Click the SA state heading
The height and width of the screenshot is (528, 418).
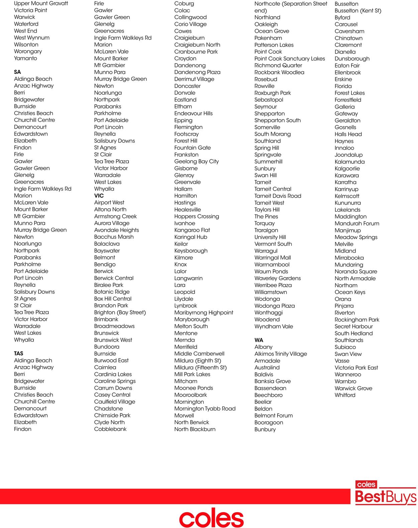[x=17, y=72]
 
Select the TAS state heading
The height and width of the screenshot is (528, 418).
[x=19, y=354]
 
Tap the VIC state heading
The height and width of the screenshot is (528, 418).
[x=99, y=196]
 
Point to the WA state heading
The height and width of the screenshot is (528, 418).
[x=259, y=340]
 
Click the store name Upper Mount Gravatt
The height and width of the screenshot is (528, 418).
[x=41, y=3]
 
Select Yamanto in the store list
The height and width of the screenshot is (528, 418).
[x=25, y=58]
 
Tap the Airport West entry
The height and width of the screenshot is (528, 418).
[x=109, y=203]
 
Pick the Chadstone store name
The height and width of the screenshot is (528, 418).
[x=108, y=408]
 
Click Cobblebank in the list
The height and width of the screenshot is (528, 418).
[x=110, y=429]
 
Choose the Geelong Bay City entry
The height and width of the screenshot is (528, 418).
[x=196, y=161]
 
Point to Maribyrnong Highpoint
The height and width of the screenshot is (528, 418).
[x=204, y=312]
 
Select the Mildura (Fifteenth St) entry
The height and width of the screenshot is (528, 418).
[x=200, y=367]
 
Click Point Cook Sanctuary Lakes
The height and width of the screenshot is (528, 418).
[x=290, y=59]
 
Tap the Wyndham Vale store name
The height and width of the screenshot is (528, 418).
[x=274, y=326]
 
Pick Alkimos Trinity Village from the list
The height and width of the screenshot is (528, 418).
[x=281, y=354]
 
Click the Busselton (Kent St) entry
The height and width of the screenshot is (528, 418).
[x=358, y=10]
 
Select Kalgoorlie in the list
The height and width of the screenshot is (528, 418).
[x=347, y=168]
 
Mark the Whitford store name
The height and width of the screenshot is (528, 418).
[x=345, y=395]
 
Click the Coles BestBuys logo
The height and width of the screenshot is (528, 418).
[x=386, y=493]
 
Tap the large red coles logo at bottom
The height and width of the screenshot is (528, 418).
[x=211, y=518]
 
